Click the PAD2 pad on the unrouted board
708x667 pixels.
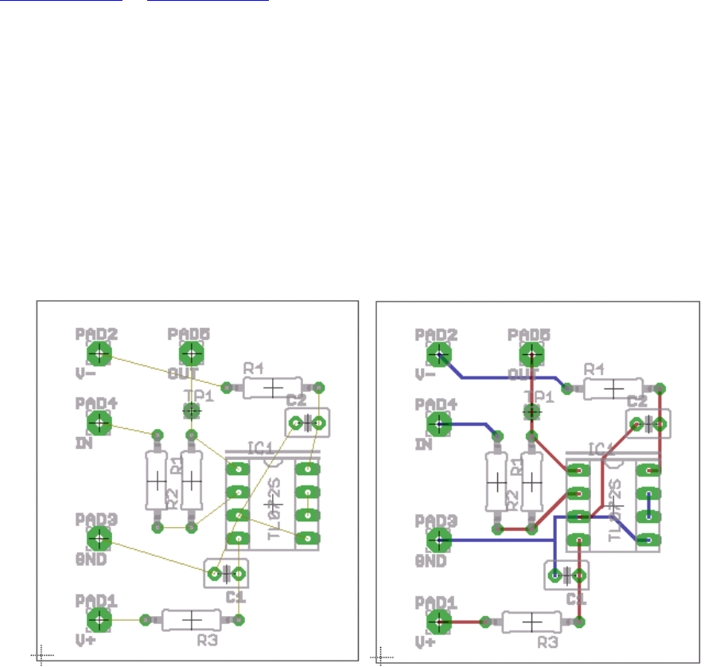99,353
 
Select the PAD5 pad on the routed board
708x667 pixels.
530,353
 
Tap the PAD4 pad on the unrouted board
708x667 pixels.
99,423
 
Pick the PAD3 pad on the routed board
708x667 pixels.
438,539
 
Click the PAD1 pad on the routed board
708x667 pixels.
438,619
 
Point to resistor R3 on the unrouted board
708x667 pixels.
192,619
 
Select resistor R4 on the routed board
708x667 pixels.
613,388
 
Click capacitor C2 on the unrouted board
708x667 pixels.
306,422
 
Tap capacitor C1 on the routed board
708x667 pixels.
566,574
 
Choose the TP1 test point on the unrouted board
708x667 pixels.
191,411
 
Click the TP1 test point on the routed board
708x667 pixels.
531,411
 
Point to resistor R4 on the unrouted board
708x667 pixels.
273,388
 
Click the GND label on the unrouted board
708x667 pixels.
91,559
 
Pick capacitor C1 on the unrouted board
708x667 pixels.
227,573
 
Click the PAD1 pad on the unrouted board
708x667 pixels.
99,618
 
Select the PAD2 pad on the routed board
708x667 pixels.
438,353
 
